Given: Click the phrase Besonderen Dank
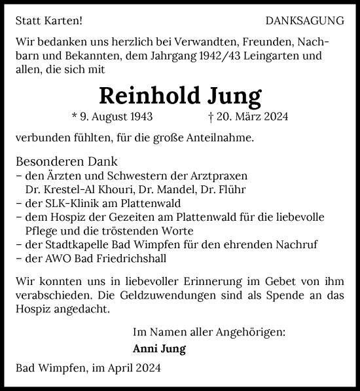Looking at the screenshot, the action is pos(66,162).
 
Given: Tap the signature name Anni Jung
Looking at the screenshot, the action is pos(159,349).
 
